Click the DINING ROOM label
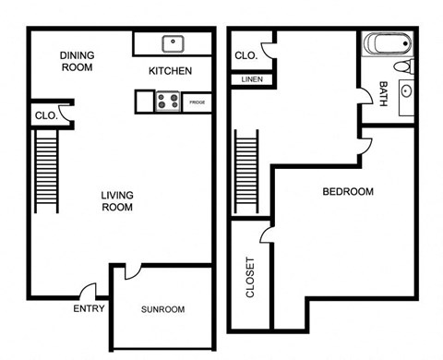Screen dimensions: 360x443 click(x=78, y=61)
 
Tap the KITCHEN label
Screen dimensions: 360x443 click(x=170, y=70)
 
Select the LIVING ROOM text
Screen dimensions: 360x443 click(x=117, y=200)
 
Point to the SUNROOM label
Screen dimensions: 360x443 click(x=163, y=309)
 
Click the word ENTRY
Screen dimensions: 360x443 click(x=90, y=308)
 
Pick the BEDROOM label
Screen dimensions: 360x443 click(x=347, y=192)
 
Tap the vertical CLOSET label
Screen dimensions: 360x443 click(x=249, y=276)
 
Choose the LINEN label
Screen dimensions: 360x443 click(x=251, y=80)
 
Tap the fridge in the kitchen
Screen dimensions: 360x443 click(x=197, y=102)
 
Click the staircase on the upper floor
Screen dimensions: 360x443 click(x=246, y=172)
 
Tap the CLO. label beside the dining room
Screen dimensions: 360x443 click(x=45, y=115)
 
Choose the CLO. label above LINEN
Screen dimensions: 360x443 click(x=245, y=55)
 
